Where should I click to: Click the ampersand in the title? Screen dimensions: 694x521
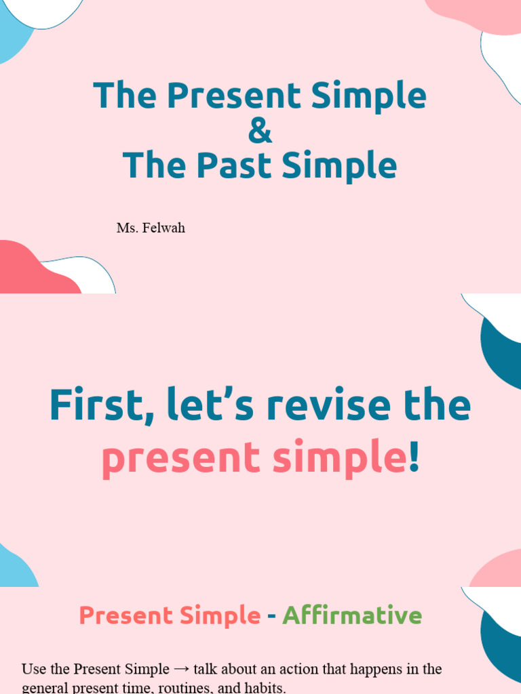[x=260, y=131]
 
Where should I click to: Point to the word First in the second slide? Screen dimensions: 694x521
[x=98, y=405]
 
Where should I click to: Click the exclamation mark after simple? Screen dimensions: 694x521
[x=414, y=458]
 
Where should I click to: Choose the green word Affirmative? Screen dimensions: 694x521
[x=352, y=615]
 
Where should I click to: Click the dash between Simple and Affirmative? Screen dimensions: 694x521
[x=271, y=616]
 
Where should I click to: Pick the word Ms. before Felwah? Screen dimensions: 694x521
[x=127, y=228]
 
